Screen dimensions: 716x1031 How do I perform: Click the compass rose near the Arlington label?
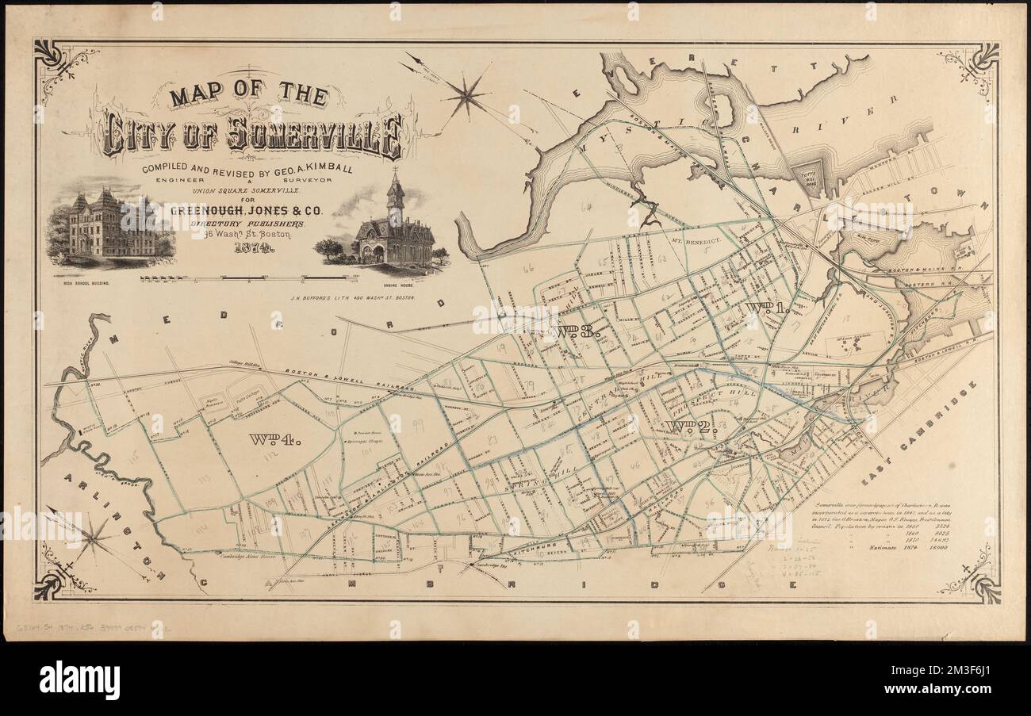[x=93, y=539]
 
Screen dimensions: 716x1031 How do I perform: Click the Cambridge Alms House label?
[x=248, y=557]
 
